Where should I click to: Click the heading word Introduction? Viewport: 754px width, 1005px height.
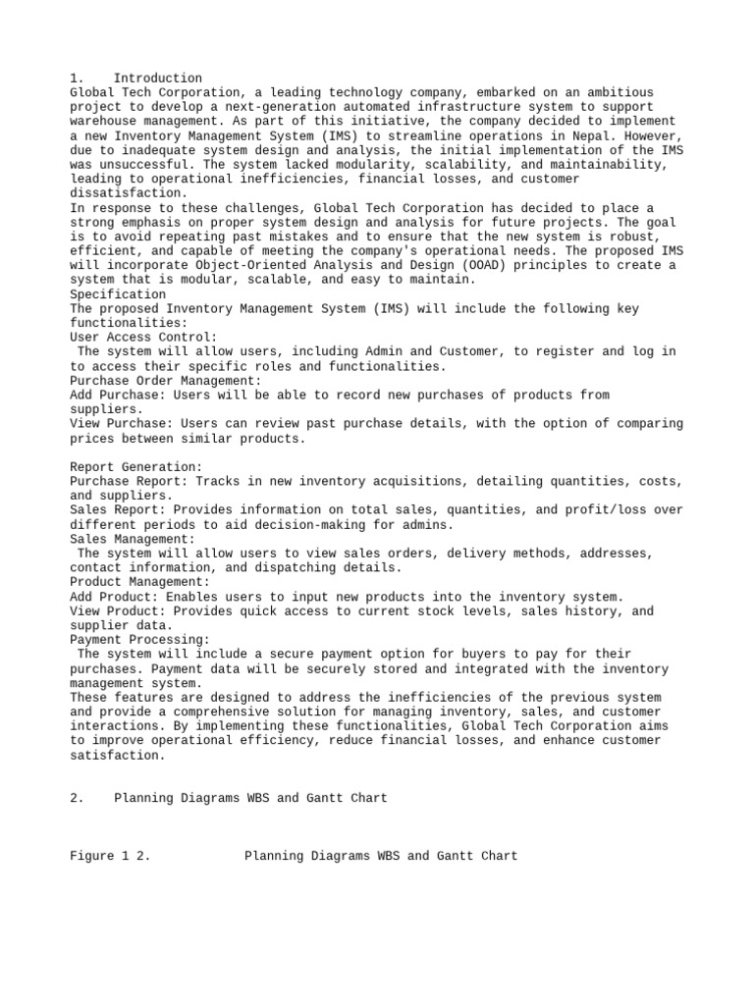pyautogui.click(x=158, y=79)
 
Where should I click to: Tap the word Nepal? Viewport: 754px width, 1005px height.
pyautogui.click(x=601, y=135)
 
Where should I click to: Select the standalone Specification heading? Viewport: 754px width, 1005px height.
pyautogui.click(x=118, y=294)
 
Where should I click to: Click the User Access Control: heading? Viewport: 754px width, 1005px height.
pyautogui.click(x=143, y=337)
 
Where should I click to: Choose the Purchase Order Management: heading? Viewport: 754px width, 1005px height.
pyautogui.click(x=166, y=380)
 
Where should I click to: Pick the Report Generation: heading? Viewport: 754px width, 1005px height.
pyautogui.click(x=136, y=467)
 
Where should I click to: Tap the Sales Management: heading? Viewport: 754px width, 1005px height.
pyautogui.click(x=133, y=539)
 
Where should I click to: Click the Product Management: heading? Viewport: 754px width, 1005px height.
pyautogui.click(x=140, y=582)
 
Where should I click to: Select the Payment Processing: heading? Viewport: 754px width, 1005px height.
pyautogui.click(x=140, y=640)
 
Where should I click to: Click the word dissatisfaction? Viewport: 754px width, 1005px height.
pyautogui.click(x=129, y=193)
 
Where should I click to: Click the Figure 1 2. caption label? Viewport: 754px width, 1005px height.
pyautogui.click(x=110, y=856)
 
